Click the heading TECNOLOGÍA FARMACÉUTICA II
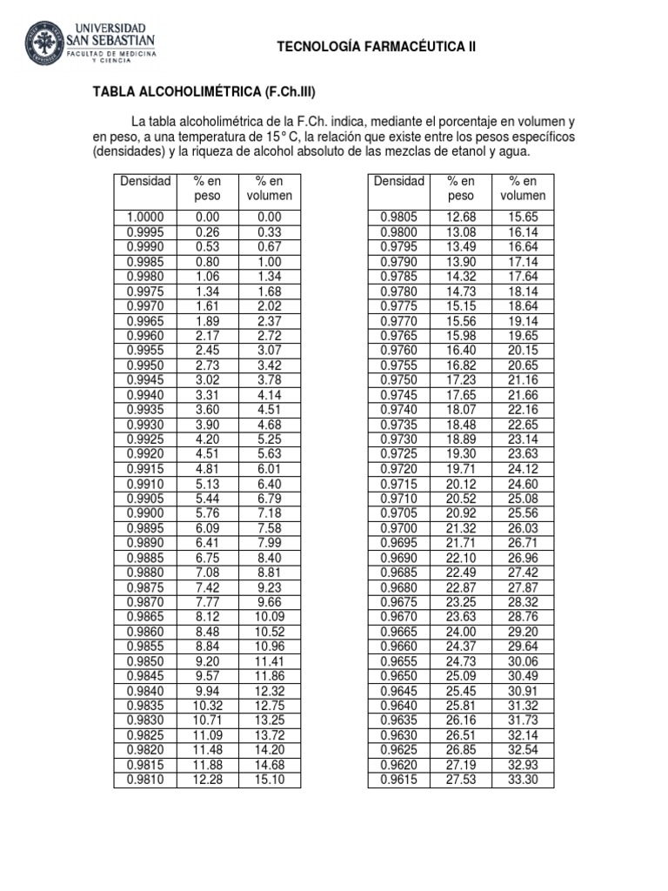pos(376,47)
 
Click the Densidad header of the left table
pos(145,182)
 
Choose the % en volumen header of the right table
pos(523,189)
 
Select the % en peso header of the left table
pos(208,189)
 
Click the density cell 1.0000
pos(145,218)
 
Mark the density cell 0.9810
pos(145,780)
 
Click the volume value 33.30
pos(523,780)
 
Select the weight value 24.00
pos(461,632)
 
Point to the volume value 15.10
pos(270,780)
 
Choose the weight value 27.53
pos(461,780)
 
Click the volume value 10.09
pos(270,617)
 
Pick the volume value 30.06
pos(523,661)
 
